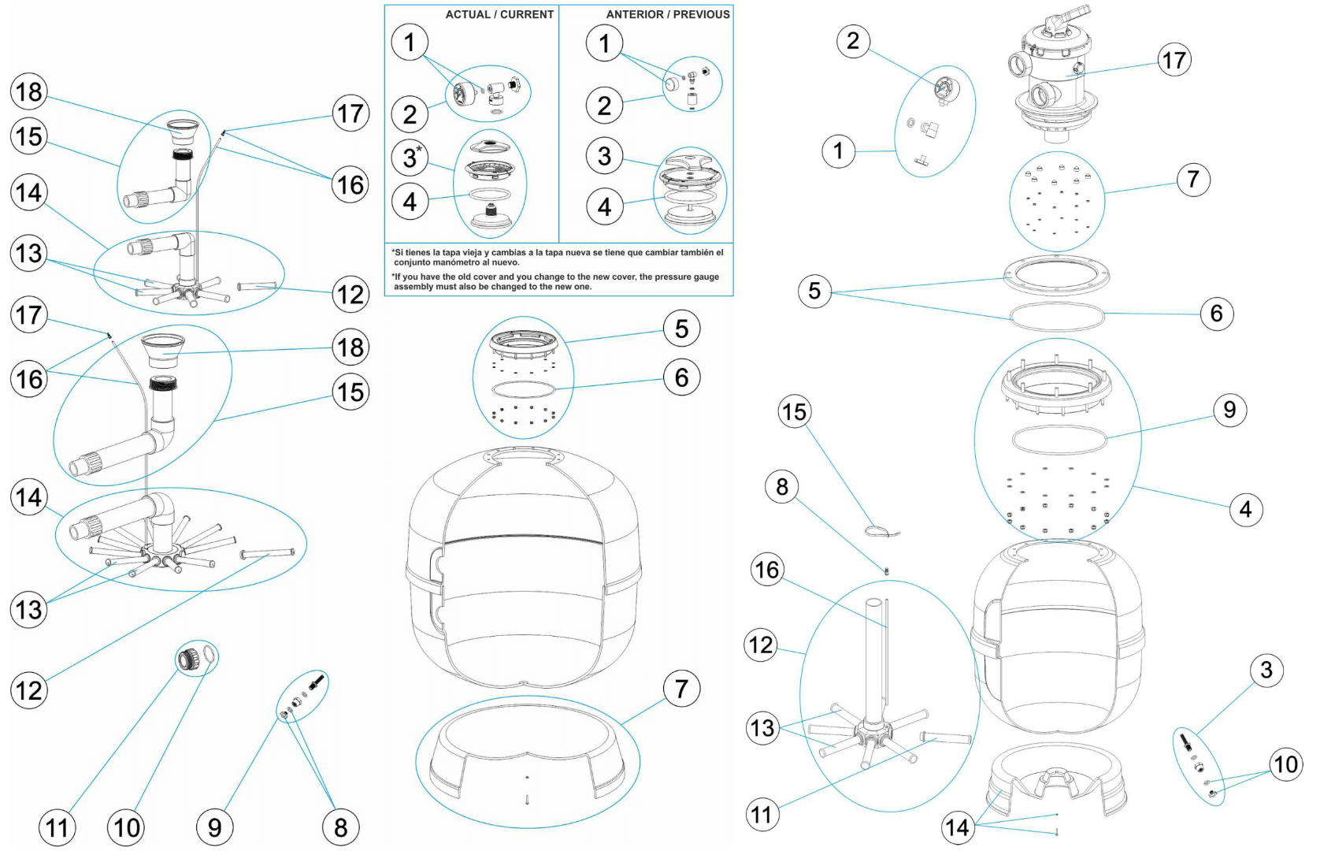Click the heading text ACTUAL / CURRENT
(499, 14)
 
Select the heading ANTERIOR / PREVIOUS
(668, 14)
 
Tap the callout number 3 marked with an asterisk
(411, 158)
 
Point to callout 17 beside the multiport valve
(1174, 60)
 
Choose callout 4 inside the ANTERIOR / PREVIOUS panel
(605, 207)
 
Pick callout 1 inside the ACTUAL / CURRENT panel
(410, 42)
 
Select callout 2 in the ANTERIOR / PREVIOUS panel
(605, 106)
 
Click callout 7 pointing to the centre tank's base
(682, 688)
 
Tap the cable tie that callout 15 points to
(881, 532)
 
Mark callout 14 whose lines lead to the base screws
(958, 827)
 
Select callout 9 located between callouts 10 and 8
(214, 827)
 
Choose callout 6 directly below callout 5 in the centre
(682, 377)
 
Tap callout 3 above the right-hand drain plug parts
(1266, 670)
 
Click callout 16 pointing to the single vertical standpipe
(767, 570)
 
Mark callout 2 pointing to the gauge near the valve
(853, 41)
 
